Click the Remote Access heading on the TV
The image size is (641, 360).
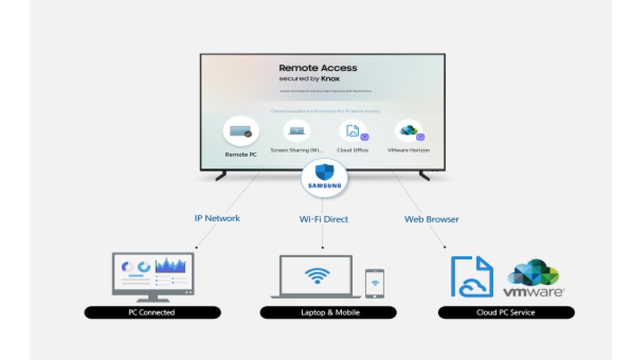coord(318,68)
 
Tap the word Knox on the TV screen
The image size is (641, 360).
coord(330,79)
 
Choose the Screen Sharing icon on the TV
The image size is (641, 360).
coord(297,130)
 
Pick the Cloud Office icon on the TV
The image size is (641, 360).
coord(353,131)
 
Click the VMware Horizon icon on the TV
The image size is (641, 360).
coord(408,131)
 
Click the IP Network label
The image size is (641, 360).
coord(217,218)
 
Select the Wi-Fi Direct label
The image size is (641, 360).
coord(323,220)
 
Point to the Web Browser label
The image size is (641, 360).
coord(431,220)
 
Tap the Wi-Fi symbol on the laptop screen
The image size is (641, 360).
coord(317,276)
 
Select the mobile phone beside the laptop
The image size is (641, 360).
coord(375,283)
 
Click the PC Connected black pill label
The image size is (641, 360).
coord(152,313)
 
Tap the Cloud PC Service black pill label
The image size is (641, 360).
coord(506,313)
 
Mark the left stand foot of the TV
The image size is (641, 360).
coord(221,175)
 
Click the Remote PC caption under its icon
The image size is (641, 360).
coord(241,155)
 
